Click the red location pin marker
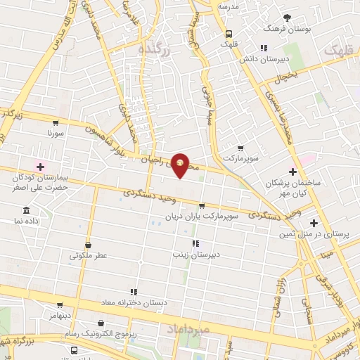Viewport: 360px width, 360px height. [181, 165]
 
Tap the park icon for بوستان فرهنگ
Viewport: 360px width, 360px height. [286, 18]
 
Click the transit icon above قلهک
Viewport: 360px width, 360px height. [228, 33]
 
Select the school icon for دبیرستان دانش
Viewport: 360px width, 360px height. [262, 49]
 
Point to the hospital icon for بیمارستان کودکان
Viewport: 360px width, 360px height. [40, 167]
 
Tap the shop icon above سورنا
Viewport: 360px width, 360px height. [56, 122]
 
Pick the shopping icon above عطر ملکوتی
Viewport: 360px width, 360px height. [88, 245]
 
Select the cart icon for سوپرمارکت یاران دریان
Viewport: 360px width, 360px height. [202, 206]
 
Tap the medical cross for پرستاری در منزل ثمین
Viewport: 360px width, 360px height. [314, 223]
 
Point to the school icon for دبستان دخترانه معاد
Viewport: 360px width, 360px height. [133, 292]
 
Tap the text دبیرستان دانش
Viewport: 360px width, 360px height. [263, 59]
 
